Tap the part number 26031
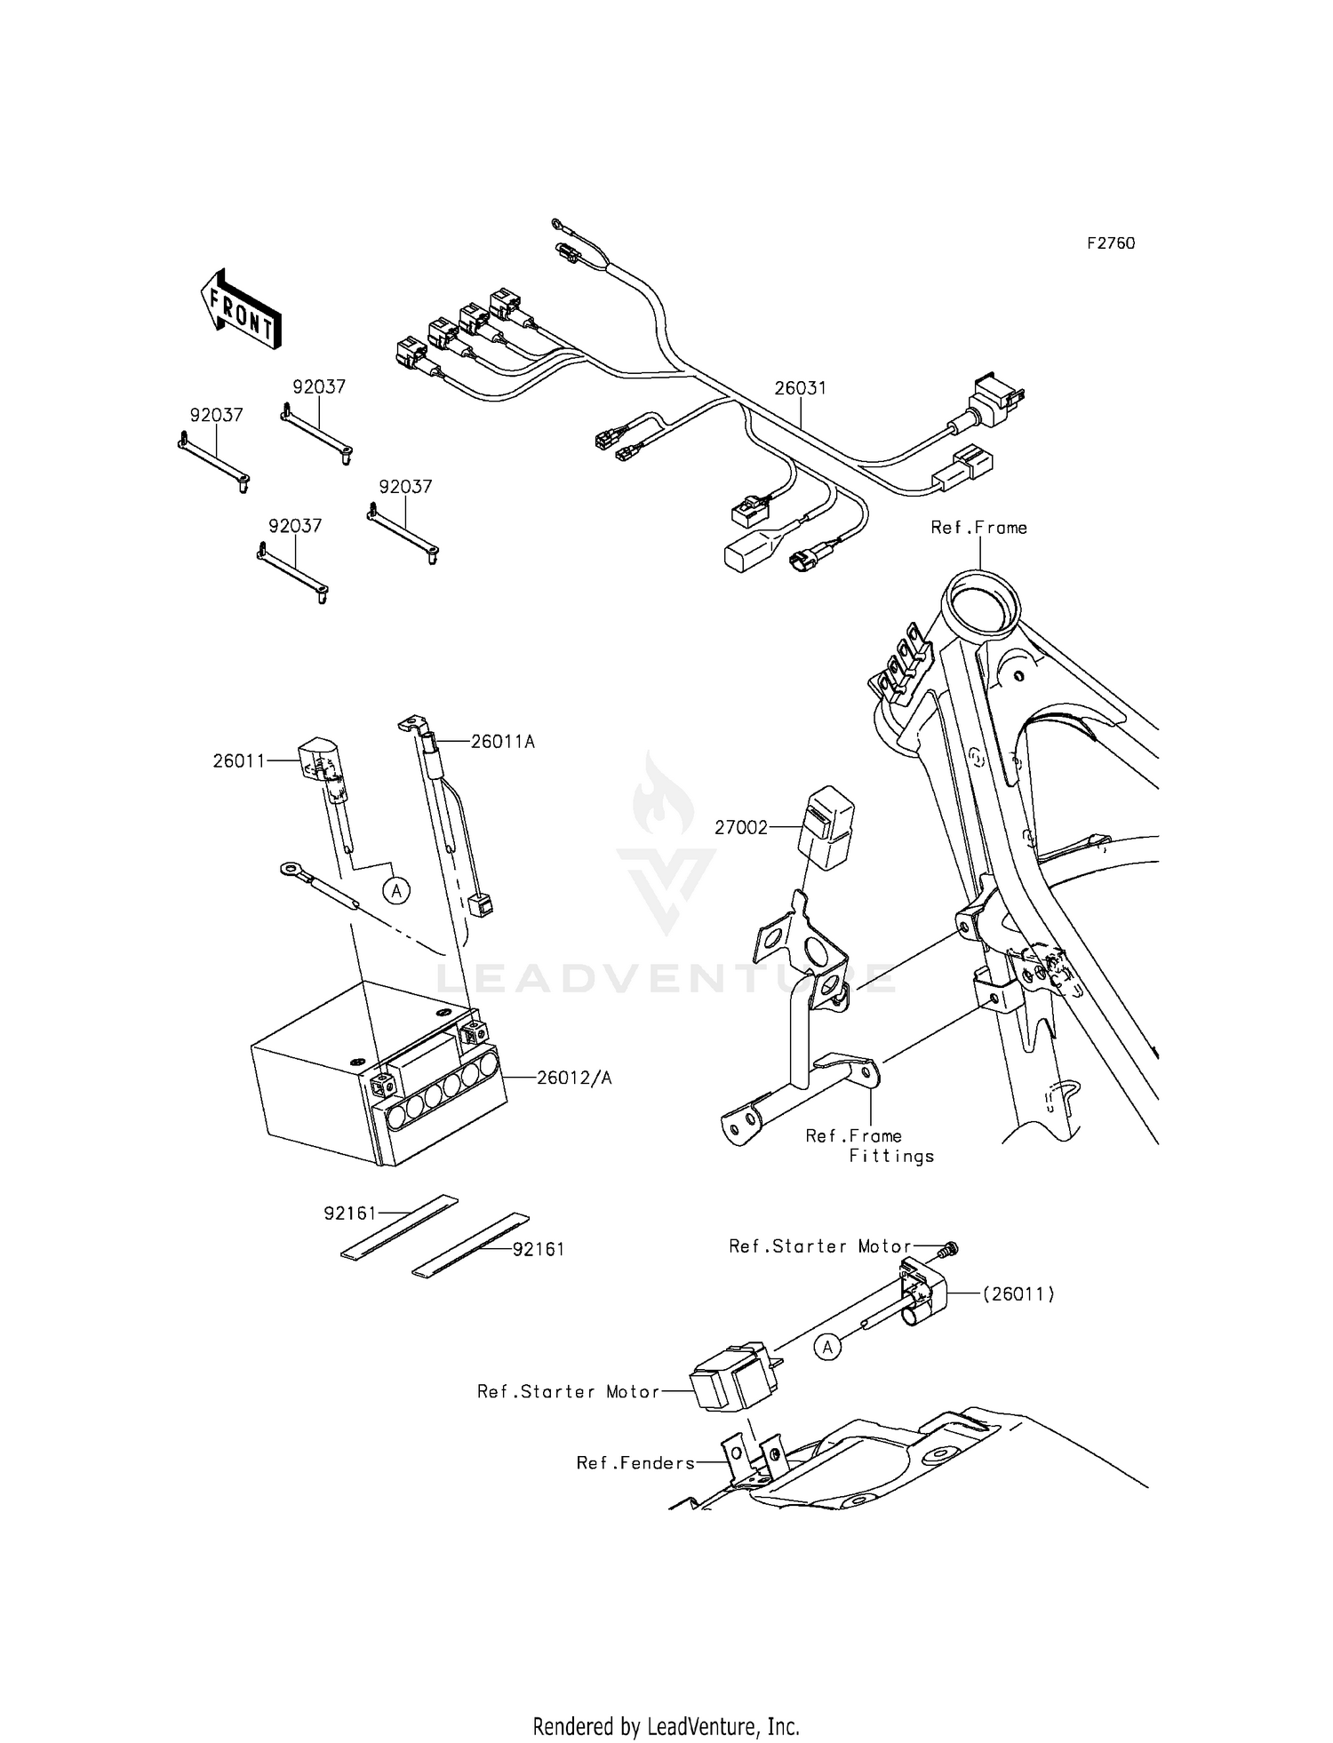click(x=800, y=388)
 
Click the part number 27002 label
click(x=741, y=828)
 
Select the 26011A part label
click(x=502, y=741)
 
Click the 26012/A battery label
click(x=573, y=1078)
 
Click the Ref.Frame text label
click(x=978, y=528)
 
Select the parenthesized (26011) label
click(x=1018, y=1294)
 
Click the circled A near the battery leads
click(x=397, y=889)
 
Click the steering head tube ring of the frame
click(x=982, y=609)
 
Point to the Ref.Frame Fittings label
click(x=869, y=1146)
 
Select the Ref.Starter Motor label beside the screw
click(x=819, y=1246)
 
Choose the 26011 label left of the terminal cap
click(x=239, y=760)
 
